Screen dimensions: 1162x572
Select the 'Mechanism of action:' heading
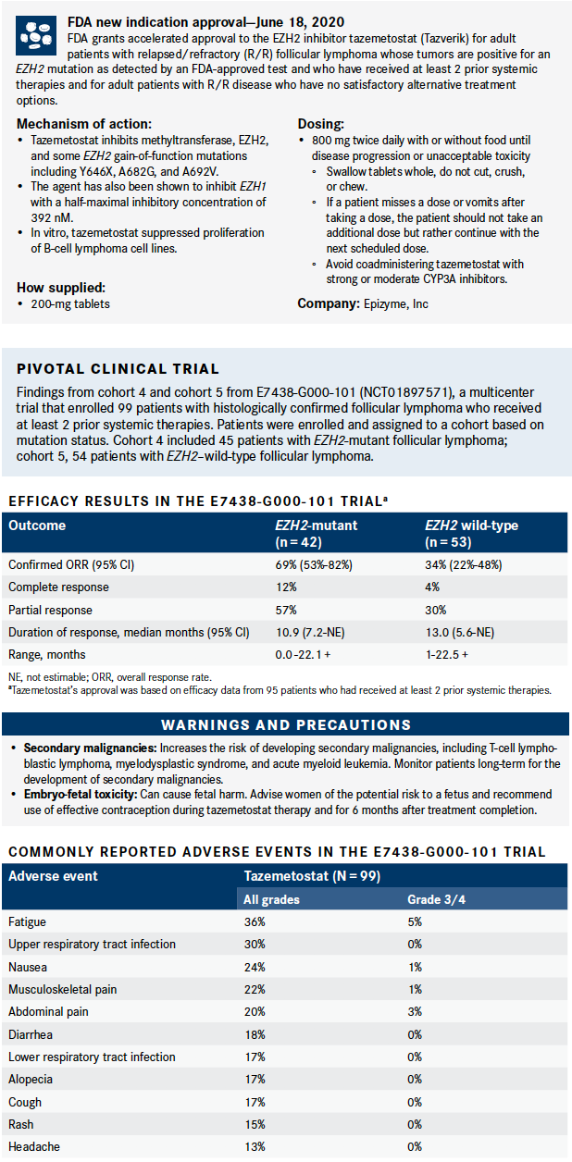(x=84, y=124)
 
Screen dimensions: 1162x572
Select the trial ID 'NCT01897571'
(x=397, y=393)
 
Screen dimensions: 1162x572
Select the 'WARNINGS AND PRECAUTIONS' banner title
(x=286, y=724)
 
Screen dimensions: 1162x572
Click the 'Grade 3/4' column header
(x=438, y=899)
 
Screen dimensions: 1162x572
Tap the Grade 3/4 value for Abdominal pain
(x=415, y=1012)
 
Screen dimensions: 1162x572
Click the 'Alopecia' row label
(x=31, y=1079)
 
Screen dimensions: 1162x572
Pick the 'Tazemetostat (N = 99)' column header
(x=310, y=876)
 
